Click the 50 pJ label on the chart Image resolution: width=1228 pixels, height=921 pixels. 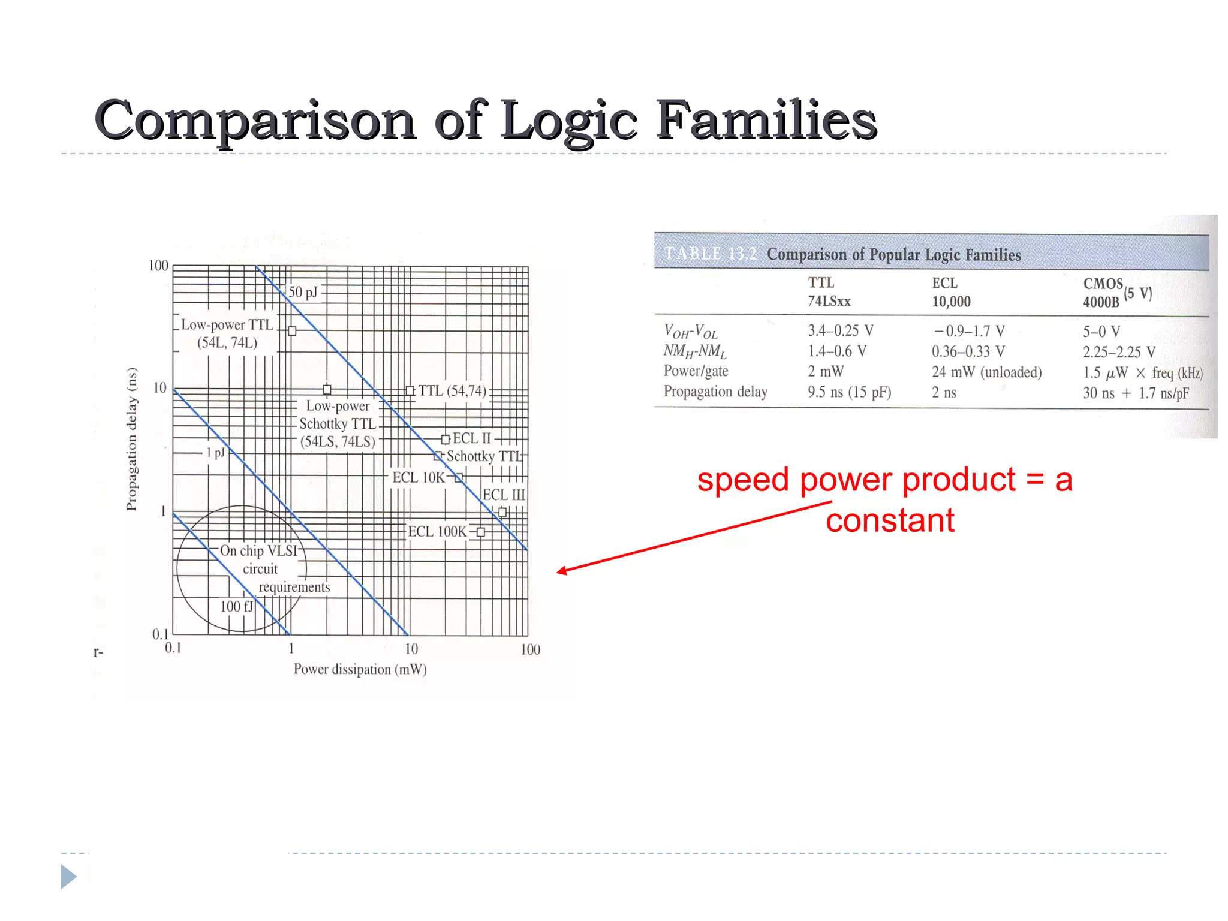303,292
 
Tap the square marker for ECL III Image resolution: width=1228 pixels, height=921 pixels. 502,512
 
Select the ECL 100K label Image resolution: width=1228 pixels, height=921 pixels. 437,532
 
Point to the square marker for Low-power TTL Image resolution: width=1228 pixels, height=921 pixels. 292,331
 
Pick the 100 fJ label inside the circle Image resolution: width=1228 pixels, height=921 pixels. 236,607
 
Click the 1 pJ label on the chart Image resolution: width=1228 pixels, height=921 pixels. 215,452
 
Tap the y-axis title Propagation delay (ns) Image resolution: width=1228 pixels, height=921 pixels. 131,439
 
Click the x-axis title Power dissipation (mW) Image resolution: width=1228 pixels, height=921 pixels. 360,669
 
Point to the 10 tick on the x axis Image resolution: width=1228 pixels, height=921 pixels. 411,649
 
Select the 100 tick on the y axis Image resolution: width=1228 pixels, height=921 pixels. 158,266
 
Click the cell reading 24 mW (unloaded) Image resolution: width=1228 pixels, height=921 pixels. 986,372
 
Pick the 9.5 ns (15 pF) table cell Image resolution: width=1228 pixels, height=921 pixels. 849,392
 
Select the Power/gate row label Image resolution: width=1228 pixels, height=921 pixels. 696,371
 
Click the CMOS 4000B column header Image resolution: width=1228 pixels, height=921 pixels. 1102,293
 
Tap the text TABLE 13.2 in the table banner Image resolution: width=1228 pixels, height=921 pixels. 710,254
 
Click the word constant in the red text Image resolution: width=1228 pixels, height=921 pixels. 890,520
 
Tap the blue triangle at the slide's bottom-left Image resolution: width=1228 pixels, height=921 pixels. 68,877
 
